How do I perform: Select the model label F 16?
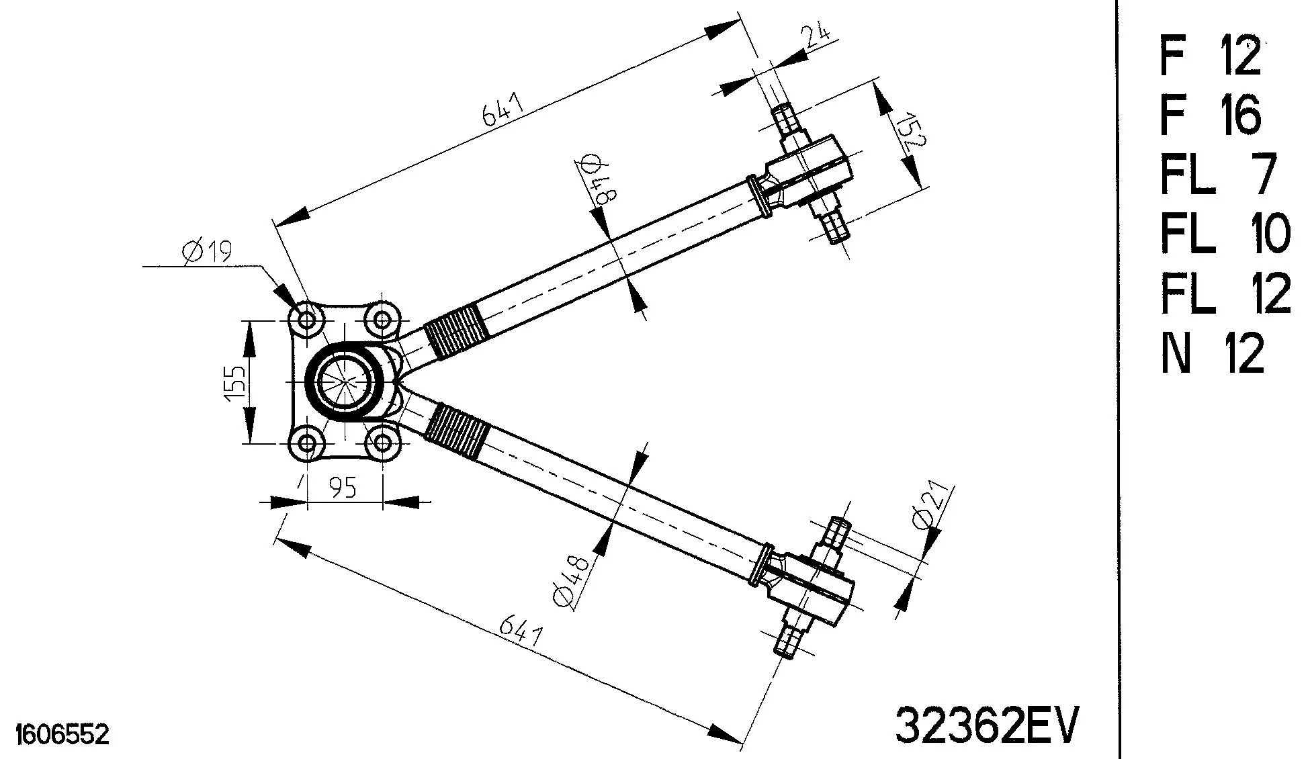[x=1210, y=115]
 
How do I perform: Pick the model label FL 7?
[x=1217, y=174]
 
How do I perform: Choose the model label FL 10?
[x=1225, y=233]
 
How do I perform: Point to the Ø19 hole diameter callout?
[x=206, y=251]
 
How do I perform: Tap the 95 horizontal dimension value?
[x=343, y=487]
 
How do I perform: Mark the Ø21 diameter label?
[x=928, y=508]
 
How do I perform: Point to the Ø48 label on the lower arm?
[x=572, y=582]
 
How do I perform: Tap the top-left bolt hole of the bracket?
[x=306, y=320]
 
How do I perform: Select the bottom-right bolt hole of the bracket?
[x=382, y=442]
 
